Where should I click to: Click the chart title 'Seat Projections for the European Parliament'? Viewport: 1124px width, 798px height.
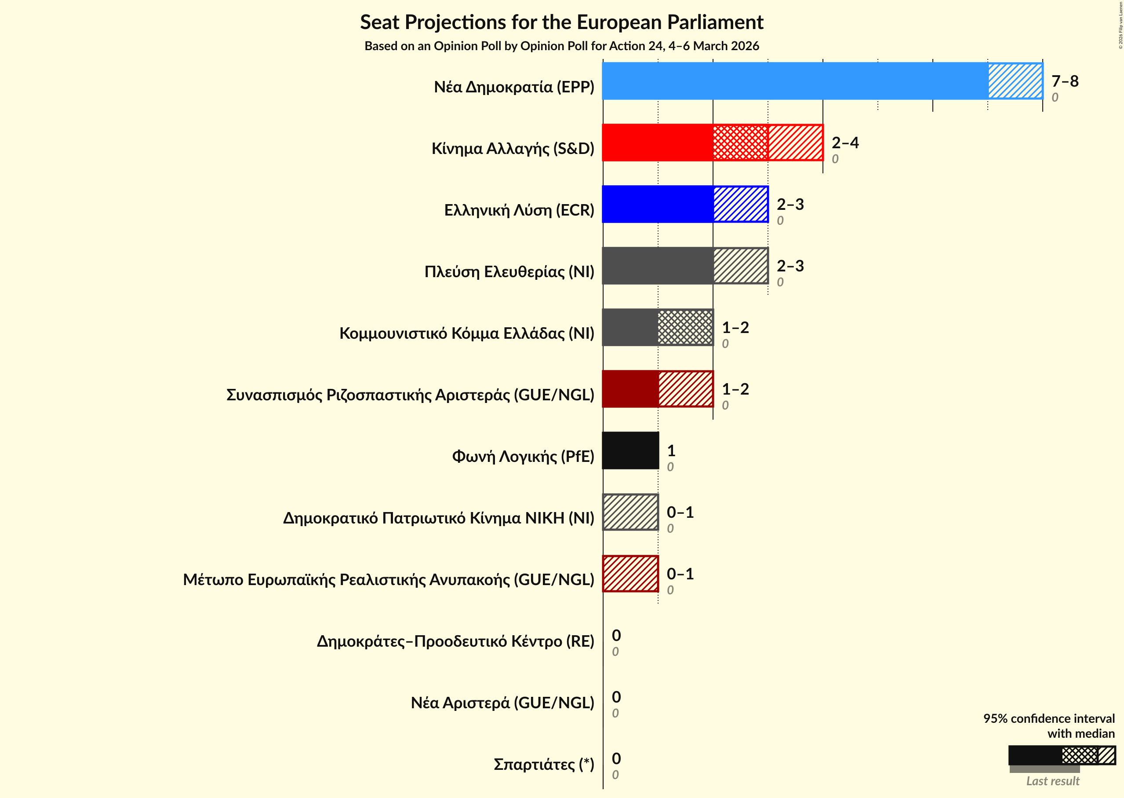point(561,22)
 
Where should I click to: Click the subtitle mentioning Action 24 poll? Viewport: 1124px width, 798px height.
point(561,46)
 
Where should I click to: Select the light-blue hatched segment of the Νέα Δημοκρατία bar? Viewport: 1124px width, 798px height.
point(1015,81)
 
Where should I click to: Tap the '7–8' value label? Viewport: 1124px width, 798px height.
point(1065,81)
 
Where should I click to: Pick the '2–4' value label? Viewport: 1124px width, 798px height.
point(844,143)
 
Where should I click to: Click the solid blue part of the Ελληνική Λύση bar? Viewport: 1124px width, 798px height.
point(658,204)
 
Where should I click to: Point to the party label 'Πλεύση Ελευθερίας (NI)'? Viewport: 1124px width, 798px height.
point(509,272)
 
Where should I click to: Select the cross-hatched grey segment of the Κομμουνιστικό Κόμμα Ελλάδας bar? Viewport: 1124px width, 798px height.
point(685,327)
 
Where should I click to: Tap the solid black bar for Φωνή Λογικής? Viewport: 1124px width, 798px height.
point(630,450)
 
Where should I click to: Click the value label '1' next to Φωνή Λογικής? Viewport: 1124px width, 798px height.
point(671,450)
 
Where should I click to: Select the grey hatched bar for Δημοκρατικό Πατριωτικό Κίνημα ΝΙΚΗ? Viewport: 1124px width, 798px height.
point(630,512)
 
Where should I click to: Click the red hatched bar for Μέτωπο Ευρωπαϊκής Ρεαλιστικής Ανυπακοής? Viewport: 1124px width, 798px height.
point(630,574)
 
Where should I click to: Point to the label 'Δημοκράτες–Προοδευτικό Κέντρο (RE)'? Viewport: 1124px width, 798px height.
point(455,641)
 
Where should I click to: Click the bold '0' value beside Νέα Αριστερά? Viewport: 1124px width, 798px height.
point(616,697)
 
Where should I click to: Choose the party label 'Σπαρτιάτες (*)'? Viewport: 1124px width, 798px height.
point(544,765)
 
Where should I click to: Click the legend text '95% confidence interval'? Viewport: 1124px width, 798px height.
point(1048,718)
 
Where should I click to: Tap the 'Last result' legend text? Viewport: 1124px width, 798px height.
point(1052,781)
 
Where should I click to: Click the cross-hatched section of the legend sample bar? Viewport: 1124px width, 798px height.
point(1079,755)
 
